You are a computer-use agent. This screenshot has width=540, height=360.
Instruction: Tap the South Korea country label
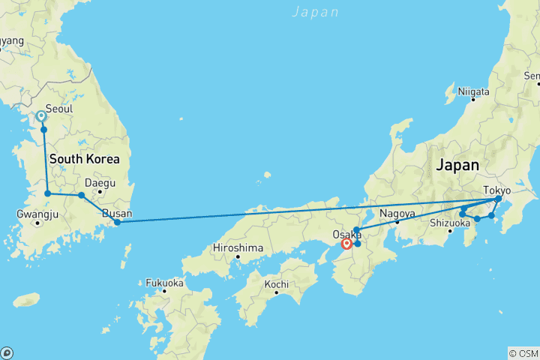click(x=84, y=159)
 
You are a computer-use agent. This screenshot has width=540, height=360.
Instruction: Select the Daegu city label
click(x=100, y=182)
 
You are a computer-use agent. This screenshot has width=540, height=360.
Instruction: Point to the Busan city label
click(x=117, y=213)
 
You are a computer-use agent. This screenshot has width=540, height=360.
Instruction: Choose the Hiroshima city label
click(x=239, y=247)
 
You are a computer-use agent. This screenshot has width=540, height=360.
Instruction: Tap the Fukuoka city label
click(x=164, y=283)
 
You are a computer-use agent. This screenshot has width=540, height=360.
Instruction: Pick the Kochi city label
click(x=277, y=284)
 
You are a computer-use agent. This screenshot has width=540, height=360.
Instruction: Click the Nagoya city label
click(x=397, y=213)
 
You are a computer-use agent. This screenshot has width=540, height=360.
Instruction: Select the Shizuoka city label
click(x=450, y=222)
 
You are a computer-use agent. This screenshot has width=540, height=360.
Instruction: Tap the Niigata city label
click(x=474, y=91)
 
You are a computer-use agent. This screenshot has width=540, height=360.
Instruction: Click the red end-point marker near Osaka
click(x=346, y=243)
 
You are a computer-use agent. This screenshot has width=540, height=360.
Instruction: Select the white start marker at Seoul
click(x=41, y=116)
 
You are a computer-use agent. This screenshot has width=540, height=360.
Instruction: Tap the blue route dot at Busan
click(x=117, y=222)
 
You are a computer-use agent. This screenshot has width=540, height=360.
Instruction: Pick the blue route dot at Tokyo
click(x=498, y=199)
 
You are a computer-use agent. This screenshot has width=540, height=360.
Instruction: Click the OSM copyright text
click(x=523, y=353)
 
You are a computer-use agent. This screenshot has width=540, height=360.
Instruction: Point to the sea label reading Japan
click(x=315, y=12)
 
